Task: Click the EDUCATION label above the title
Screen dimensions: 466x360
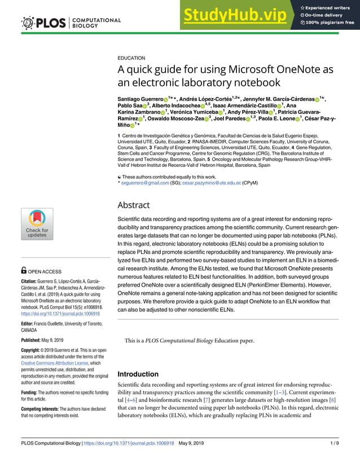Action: (x=131, y=58)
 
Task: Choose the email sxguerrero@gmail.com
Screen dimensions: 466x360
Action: (x=145, y=183)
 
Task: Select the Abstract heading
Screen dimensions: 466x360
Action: (x=133, y=205)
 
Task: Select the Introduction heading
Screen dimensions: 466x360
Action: (x=138, y=374)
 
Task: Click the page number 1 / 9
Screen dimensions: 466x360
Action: (x=334, y=443)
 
